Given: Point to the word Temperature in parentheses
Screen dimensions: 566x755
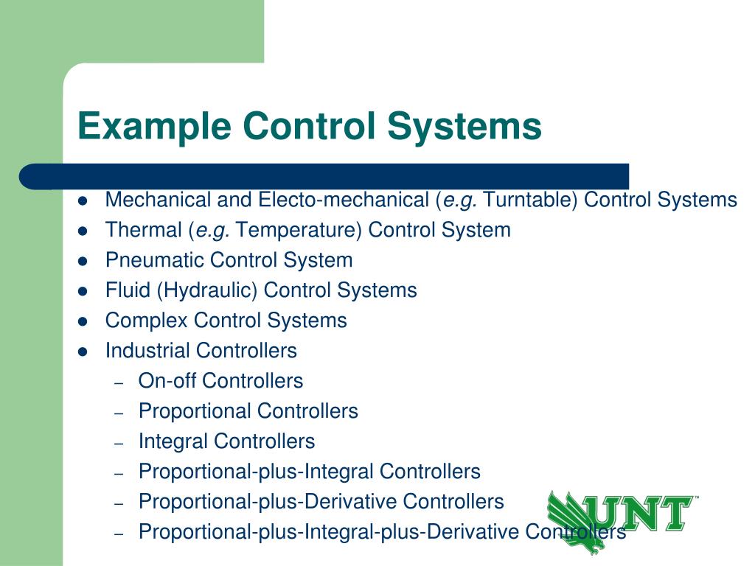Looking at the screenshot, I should (299, 230).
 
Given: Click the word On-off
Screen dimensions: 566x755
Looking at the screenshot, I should (167, 381).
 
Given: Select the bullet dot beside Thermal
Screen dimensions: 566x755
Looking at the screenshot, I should (83, 231).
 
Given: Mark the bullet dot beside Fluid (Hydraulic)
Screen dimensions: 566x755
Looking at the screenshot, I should (83, 291).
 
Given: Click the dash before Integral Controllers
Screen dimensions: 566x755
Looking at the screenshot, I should (119, 443).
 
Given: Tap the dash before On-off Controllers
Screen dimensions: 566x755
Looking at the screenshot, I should (119, 382).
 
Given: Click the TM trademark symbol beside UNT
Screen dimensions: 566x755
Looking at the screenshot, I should (695, 499).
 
